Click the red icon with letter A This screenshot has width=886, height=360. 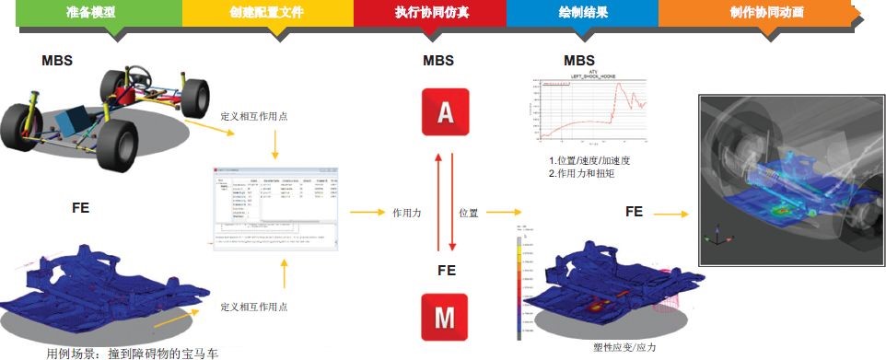445,112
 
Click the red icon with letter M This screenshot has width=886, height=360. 445,318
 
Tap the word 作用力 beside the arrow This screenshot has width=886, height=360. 407,213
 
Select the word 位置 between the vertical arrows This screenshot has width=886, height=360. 468,213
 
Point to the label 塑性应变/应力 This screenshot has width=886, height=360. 626,348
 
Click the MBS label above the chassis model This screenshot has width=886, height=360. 57,60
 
